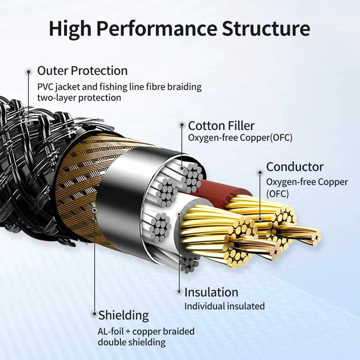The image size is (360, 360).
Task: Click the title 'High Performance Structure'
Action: pos(179,29)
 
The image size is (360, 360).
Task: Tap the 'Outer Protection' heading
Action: pos(82,71)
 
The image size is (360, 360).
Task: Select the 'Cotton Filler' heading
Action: pos(221,126)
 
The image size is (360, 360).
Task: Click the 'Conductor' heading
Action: pos(294,167)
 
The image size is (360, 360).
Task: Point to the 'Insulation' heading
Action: pos(211,292)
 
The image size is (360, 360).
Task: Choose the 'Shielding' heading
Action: pos(123,315)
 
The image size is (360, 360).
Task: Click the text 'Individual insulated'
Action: pos(224,306)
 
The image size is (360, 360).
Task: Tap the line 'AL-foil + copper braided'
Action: pos(146,331)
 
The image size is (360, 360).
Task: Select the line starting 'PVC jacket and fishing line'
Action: pos(119,87)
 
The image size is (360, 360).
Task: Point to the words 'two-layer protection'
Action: pos(79,98)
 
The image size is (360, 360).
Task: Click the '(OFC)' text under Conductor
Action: pos(278,194)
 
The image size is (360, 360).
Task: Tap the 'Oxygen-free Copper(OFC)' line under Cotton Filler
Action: pos(240,138)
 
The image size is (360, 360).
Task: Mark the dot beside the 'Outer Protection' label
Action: pos(28,72)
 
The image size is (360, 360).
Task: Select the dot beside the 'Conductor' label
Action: pos(260,172)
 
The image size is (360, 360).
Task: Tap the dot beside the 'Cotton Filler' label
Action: pos(181,125)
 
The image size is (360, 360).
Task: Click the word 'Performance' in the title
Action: pos(158,29)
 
